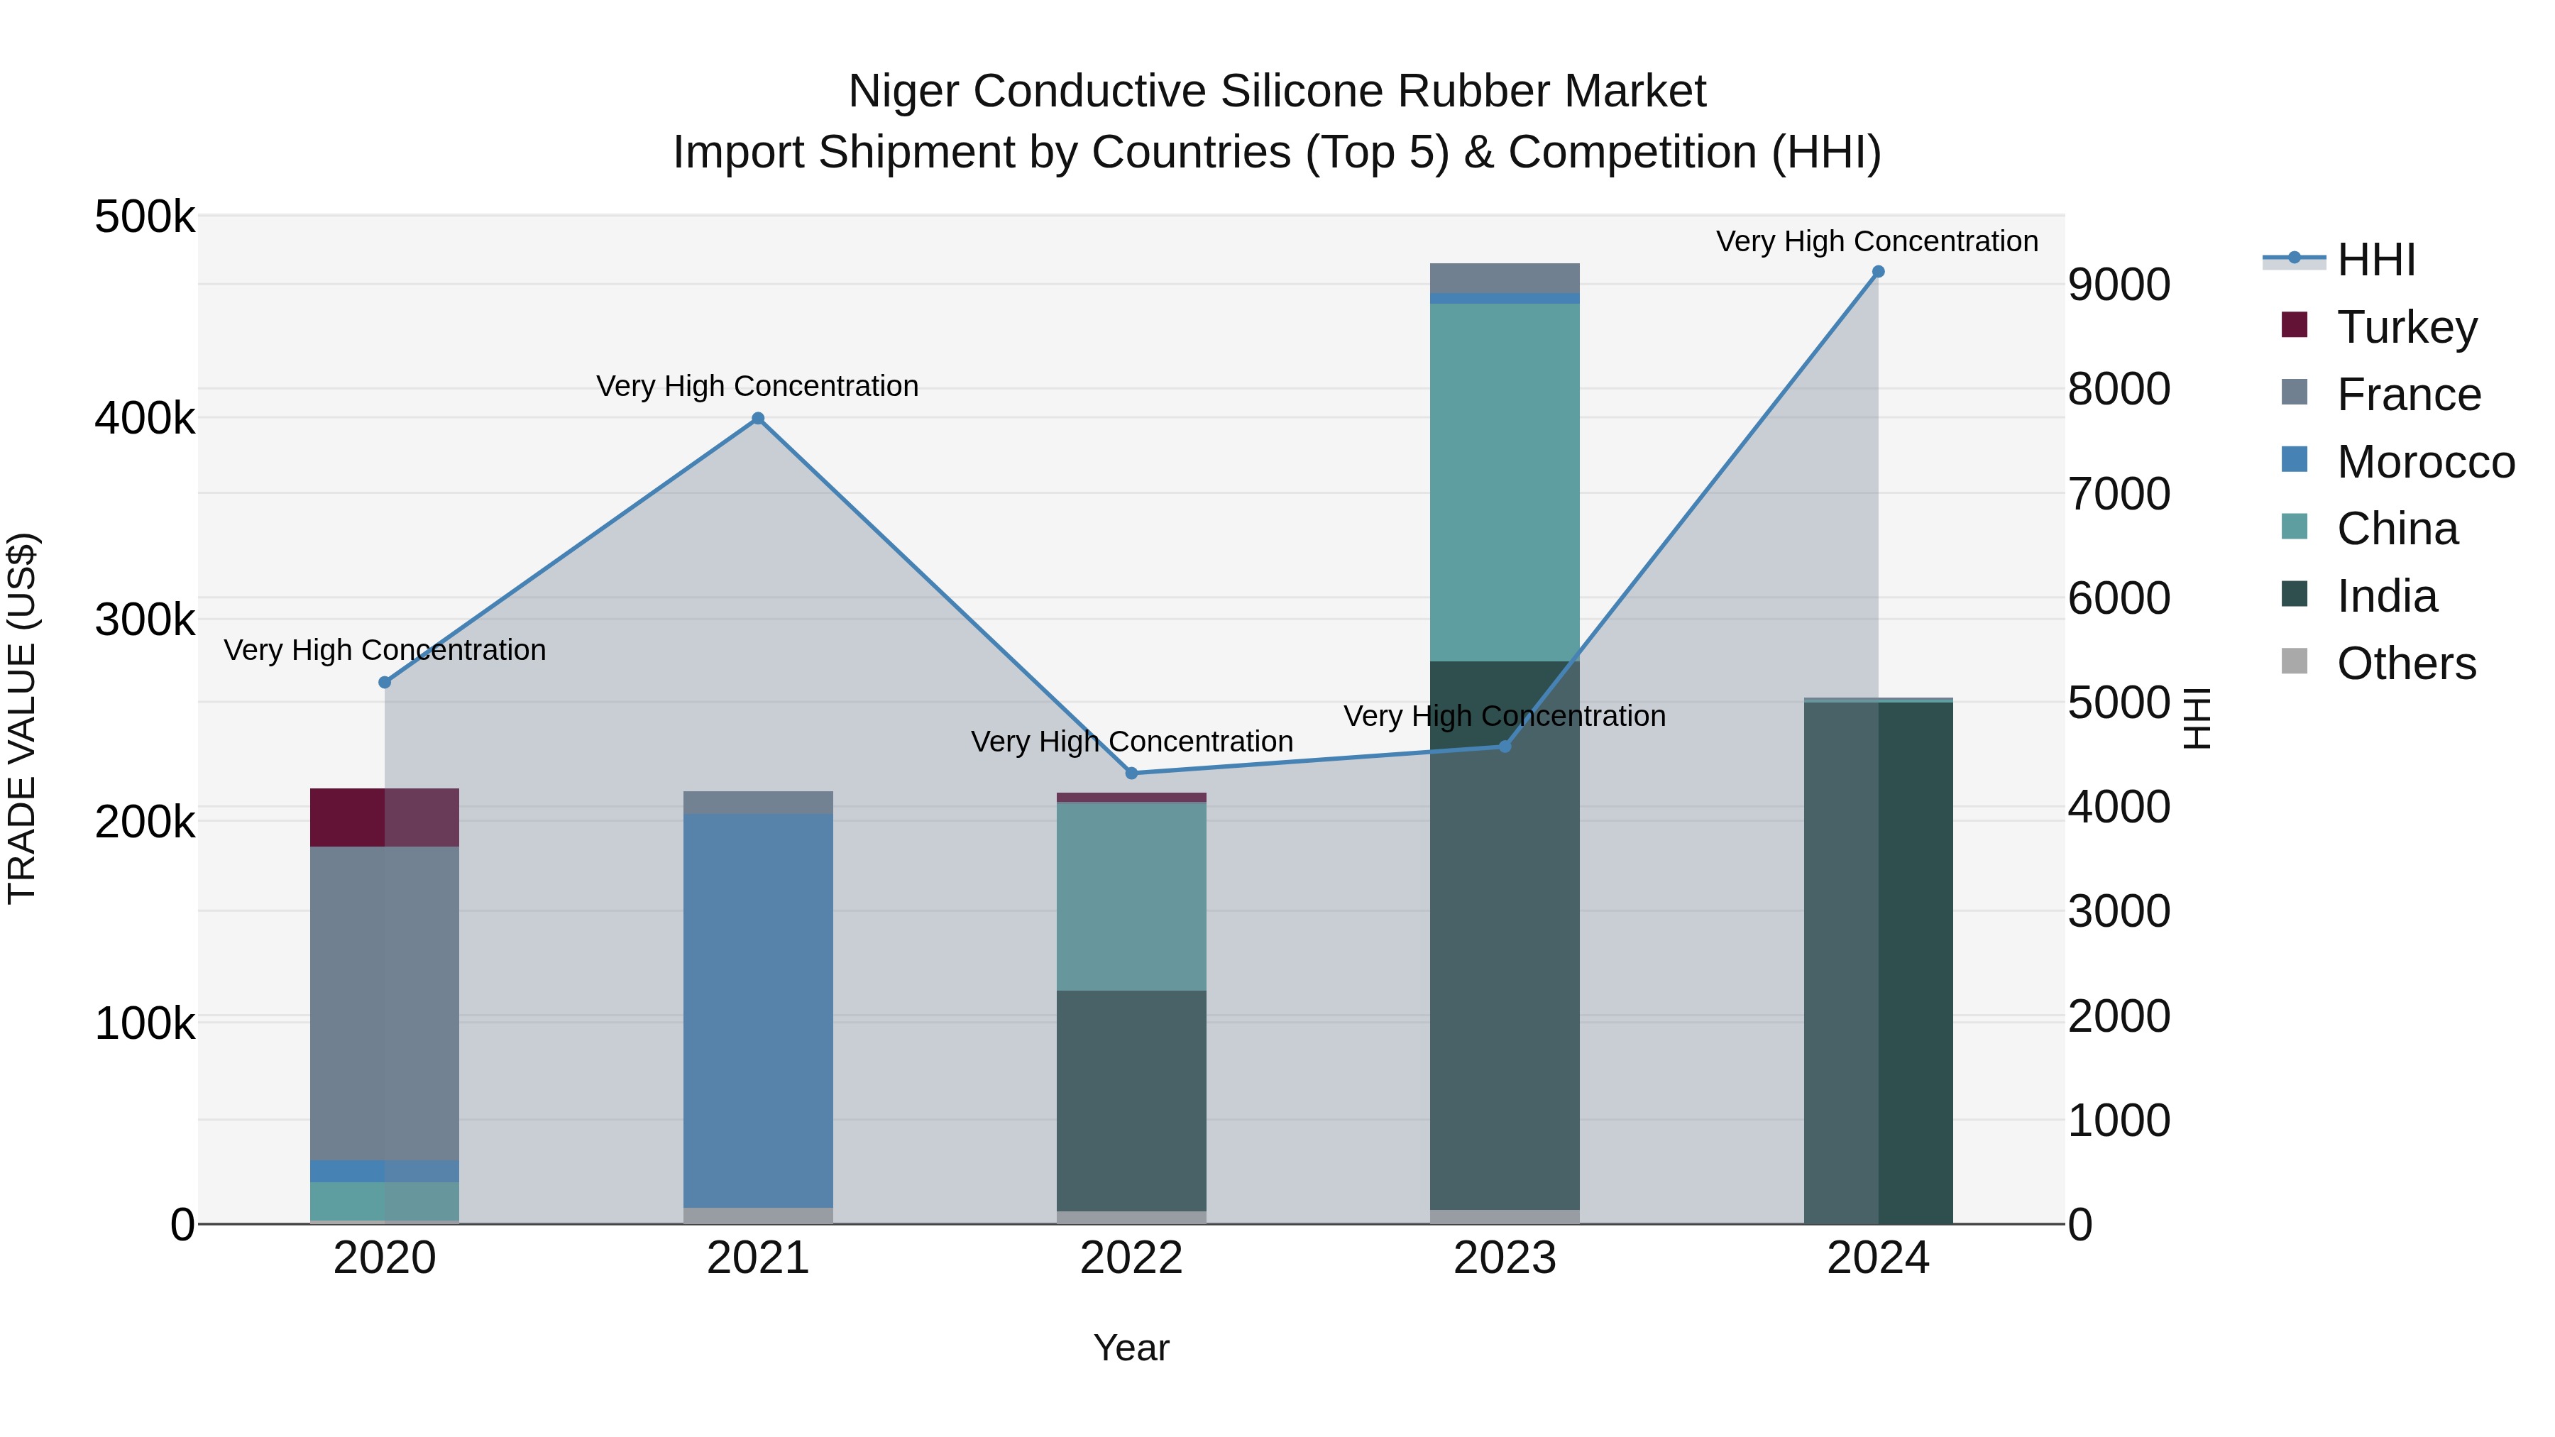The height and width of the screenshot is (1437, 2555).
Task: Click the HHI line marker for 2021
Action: tap(758, 419)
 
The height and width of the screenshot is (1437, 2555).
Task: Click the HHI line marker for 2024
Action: tap(1877, 272)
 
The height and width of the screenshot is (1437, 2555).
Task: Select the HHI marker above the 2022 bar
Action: tap(1132, 773)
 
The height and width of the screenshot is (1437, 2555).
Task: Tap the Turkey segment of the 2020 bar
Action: tap(385, 817)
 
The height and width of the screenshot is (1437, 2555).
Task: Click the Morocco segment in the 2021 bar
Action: tap(758, 1010)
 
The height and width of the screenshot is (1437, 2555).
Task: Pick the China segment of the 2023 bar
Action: tap(1505, 482)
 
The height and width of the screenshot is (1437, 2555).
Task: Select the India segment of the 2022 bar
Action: tap(1132, 1100)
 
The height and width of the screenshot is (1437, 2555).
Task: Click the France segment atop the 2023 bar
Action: tap(1505, 277)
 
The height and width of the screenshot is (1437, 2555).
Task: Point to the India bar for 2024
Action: tap(1877, 962)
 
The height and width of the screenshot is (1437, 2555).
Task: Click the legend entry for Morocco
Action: tap(2424, 462)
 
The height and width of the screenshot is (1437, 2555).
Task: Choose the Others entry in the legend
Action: tap(2405, 664)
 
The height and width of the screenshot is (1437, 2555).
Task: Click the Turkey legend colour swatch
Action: tap(2294, 324)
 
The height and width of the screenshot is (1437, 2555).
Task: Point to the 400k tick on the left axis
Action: tap(145, 419)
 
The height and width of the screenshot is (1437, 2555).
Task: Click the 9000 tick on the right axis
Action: tap(2119, 285)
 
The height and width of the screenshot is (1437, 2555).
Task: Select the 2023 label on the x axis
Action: tap(1505, 1258)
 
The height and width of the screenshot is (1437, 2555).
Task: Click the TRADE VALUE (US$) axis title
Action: tap(22, 718)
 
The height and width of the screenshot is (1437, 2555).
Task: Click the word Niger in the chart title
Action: tap(903, 92)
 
